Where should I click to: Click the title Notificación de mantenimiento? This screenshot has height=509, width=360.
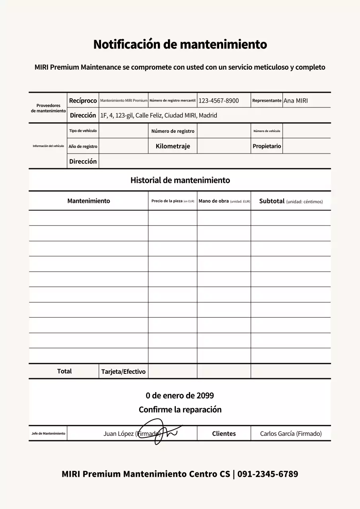180,44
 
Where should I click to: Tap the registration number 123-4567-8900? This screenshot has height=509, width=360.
218,101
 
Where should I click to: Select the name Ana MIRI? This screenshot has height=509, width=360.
296,101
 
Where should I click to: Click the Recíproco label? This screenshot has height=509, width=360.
83,101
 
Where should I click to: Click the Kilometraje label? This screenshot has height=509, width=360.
173,146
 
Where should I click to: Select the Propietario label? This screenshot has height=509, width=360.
267,146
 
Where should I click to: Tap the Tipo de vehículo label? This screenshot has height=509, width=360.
83,131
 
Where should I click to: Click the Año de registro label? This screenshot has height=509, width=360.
83,146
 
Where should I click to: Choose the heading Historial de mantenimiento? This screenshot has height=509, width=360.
180,180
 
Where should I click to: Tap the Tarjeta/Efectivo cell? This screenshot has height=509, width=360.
123,372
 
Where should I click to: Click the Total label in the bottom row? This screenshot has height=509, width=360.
64,371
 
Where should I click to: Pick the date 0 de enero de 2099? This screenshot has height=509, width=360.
180,396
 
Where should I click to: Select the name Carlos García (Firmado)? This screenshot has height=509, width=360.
291,434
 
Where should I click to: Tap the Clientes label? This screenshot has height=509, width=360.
224,434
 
